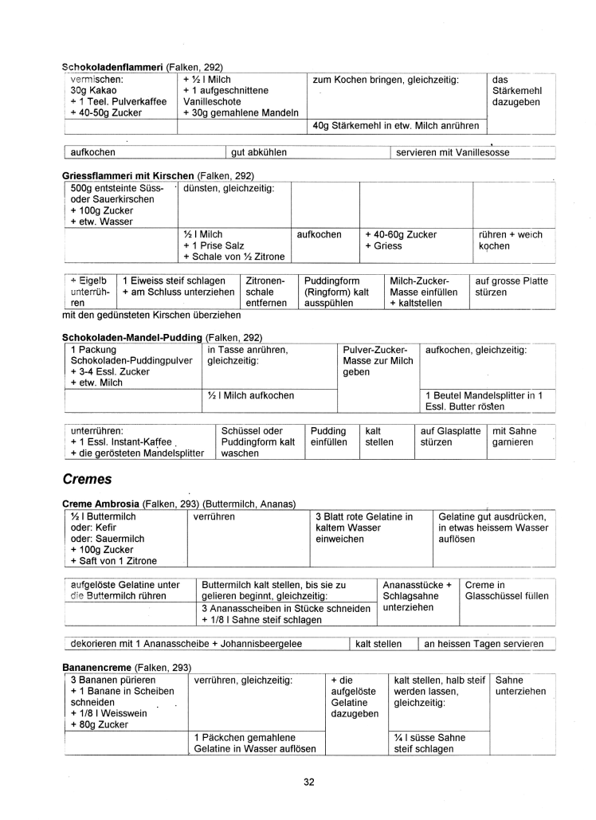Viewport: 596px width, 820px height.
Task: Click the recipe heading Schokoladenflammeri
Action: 112,67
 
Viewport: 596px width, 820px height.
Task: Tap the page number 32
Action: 308,782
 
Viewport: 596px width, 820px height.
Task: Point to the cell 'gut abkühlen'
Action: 259,152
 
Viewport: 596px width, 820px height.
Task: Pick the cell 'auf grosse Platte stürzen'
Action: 511,287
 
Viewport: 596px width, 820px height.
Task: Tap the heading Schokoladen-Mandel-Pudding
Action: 133,338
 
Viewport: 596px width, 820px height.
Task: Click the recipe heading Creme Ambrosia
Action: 101,504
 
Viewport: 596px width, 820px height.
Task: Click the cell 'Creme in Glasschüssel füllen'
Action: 506,590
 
